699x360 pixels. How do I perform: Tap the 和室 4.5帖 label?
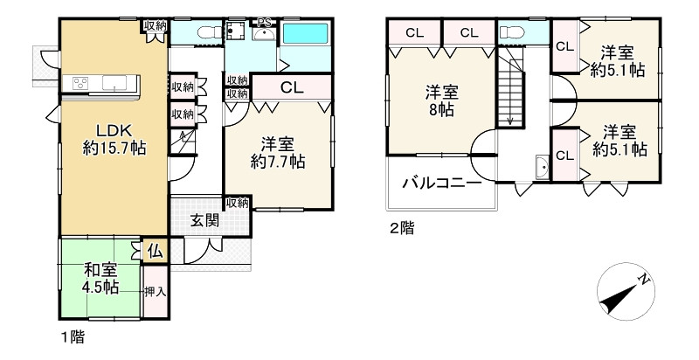pos(101,279)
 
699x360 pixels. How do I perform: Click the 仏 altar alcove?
pos(154,252)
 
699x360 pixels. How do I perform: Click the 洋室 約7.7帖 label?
pos(277,152)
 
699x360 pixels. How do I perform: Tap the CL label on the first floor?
pos(291,87)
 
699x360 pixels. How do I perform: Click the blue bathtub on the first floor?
pos(304,35)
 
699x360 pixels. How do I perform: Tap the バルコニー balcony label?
pos(441,184)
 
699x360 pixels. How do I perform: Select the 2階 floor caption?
pos(402,230)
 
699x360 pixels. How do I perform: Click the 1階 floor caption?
pos(73,336)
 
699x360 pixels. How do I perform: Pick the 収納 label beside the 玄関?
pos(237,203)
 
